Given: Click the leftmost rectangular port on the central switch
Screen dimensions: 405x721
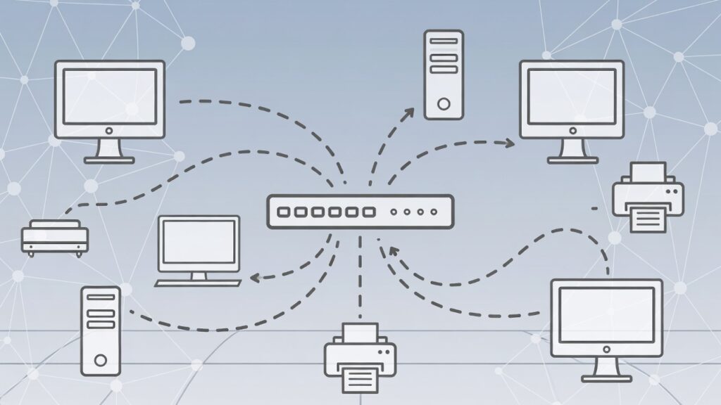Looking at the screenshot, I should [284, 211].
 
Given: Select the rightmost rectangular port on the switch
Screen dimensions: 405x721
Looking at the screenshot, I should [368, 211].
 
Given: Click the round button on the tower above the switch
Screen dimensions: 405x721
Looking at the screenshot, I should [444, 104].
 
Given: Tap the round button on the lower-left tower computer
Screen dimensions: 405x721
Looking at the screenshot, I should [101, 361].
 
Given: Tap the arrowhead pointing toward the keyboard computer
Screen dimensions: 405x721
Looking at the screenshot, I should [255, 278].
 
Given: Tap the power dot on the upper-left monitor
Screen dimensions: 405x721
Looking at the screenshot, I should [109, 131].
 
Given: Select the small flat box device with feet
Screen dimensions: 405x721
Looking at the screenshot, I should [55, 237].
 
